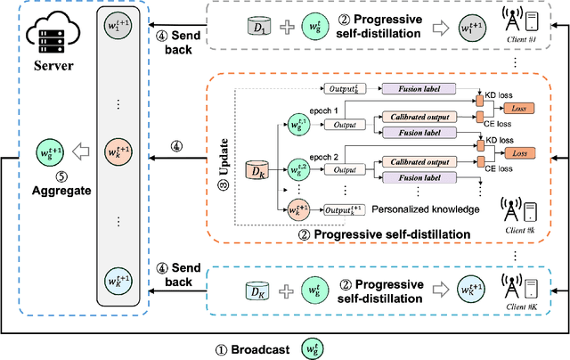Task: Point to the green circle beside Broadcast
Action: (313, 347)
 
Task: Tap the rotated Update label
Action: (224, 159)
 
